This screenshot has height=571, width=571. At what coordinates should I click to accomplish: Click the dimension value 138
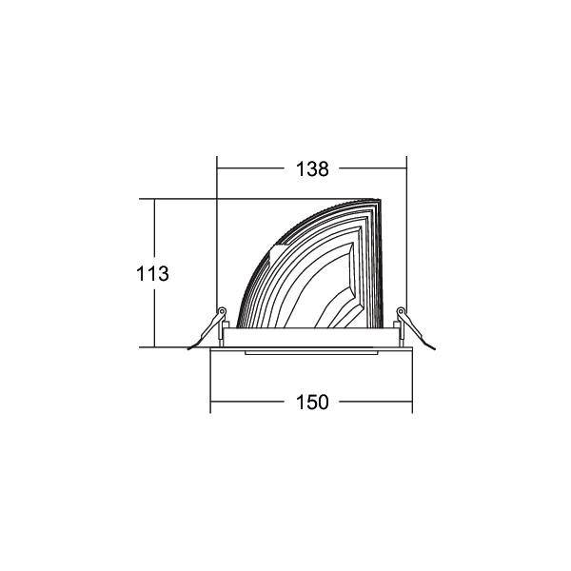point(311,170)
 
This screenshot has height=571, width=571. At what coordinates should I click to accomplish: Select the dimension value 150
point(311,403)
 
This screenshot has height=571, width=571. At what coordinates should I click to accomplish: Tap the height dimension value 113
point(152,273)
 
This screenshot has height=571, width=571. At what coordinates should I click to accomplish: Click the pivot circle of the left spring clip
point(222,311)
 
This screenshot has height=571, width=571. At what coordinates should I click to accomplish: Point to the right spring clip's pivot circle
point(401,311)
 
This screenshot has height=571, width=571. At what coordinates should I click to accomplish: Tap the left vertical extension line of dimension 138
point(218,238)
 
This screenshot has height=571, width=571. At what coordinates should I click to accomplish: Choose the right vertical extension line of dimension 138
point(406,238)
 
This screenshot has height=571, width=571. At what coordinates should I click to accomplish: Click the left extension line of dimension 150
point(210,381)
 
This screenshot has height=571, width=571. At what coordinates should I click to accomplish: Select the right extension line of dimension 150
point(412,381)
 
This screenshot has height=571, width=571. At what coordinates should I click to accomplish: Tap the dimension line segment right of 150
point(376,403)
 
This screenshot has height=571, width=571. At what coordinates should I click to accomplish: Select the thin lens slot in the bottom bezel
point(311,353)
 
